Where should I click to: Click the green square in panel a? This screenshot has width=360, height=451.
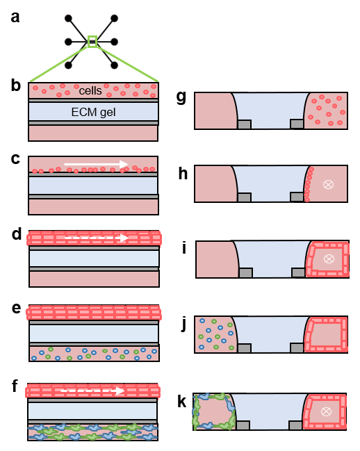coord(92,42)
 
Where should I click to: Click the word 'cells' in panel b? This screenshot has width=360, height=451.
coord(90,91)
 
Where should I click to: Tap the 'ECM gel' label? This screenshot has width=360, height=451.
coord(93,112)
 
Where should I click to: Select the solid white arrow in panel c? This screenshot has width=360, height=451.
coord(96,164)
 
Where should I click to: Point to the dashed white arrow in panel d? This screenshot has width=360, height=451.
coord(97,238)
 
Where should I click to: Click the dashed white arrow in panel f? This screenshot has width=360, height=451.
coord(92,391)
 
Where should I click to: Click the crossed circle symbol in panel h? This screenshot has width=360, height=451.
coord(328,184)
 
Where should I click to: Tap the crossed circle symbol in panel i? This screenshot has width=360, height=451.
coord(329,259)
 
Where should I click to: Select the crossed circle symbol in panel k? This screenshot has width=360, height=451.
coord(326,411)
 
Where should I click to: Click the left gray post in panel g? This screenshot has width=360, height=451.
coord(245,124)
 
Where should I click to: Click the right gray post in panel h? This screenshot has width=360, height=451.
coord(297,197)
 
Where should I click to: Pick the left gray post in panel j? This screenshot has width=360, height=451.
coord(245,348)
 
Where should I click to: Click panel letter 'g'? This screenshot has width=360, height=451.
coord(181,97)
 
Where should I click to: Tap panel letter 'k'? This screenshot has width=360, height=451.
coord(181,401)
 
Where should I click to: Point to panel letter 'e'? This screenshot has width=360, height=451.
coord(17,308)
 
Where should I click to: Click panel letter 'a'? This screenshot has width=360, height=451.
coord(15,17)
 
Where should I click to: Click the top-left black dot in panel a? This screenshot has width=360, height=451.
coord(68,18)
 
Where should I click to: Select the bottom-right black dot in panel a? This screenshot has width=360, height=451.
coord(115,65)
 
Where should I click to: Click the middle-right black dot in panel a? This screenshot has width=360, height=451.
coord(115,42)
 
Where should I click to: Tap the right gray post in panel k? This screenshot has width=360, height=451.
coord(295,425)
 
